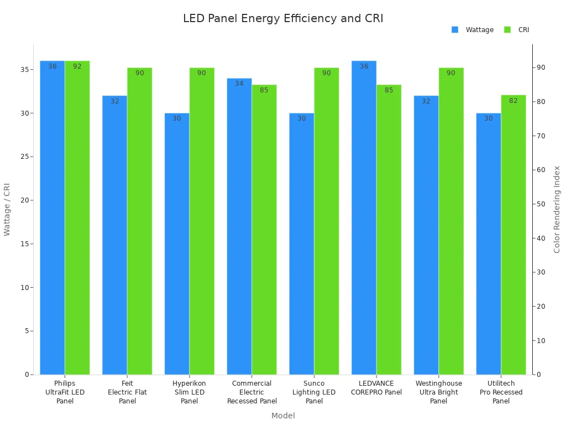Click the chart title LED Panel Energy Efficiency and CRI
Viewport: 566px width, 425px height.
click(x=283, y=19)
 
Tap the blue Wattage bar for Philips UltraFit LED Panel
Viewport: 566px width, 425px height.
click(x=53, y=221)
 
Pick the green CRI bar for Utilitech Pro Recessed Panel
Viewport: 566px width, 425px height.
click(x=513, y=238)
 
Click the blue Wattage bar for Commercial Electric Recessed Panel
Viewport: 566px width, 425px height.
click(x=239, y=227)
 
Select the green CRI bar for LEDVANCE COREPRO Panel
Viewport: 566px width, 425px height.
click(x=389, y=232)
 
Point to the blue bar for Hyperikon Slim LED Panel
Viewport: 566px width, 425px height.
click(x=177, y=243)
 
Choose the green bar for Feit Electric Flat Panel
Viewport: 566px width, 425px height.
click(x=139, y=221)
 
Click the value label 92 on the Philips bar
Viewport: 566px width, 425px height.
click(x=77, y=66)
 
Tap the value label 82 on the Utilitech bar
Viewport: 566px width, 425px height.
click(x=513, y=101)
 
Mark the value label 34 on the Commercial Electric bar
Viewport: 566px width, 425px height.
click(x=239, y=84)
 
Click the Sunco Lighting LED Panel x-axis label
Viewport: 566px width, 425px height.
click(x=314, y=392)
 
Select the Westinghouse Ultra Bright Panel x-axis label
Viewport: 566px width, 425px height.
click(x=439, y=392)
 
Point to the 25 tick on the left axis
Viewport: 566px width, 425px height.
click(x=25, y=157)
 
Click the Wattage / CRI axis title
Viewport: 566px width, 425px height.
click(x=7, y=209)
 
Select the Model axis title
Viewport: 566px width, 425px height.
click(x=283, y=416)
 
